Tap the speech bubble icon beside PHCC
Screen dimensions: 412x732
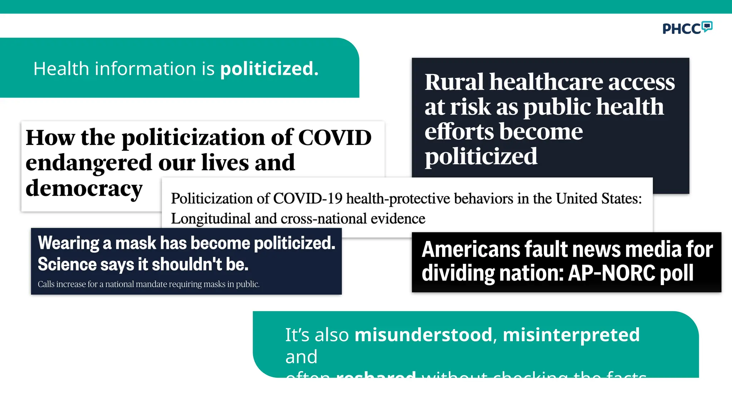tap(707, 26)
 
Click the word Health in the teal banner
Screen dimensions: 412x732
tap(61, 69)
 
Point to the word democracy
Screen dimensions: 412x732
tap(84, 188)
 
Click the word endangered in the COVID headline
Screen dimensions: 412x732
tap(89, 163)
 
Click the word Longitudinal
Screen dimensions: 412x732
tap(211, 219)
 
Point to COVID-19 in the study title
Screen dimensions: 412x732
tap(308, 198)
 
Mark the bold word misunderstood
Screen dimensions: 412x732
tap(424, 335)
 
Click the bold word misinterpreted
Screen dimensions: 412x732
tap(571, 335)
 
